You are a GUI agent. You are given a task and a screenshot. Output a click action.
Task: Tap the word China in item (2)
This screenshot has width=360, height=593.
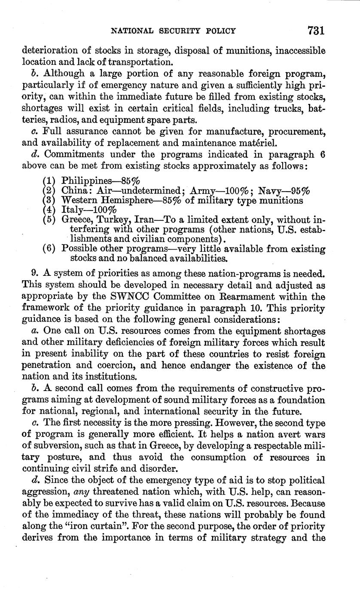pyautogui.click(x=73, y=190)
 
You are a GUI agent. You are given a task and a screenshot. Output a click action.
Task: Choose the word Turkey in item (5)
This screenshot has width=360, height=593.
pyautogui.click(x=113, y=219)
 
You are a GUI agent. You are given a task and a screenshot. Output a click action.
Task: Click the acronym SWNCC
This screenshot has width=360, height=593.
pyautogui.click(x=131, y=296)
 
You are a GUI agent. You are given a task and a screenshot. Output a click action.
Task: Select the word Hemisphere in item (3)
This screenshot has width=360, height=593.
pyautogui.click(x=116, y=200)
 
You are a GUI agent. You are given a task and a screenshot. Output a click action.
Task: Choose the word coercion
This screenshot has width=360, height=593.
pyautogui.click(x=117, y=366)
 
